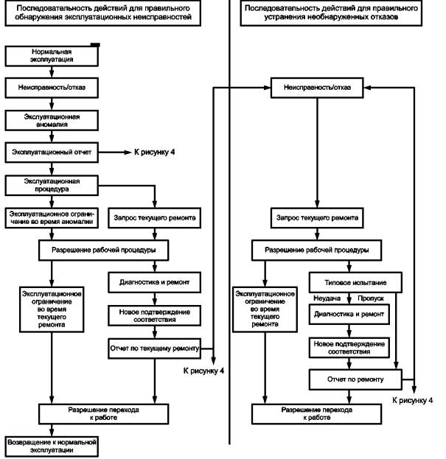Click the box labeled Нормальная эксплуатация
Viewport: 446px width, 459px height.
click(x=52, y=55)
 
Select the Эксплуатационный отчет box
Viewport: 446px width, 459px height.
click(x=52, y=153)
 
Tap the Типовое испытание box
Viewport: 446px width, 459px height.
click(x=355, y=282)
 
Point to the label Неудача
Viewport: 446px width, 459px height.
click(x=327, y=298)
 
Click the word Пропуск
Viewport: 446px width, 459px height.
click(x=371, y=298)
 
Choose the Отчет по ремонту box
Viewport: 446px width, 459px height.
click(x=355, y=379)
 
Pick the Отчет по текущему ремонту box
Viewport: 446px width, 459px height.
click(x=154, y=348)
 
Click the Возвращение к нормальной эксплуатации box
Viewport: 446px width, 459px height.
click(x=52, y=446)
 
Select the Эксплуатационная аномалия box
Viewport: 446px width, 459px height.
click(x=52, y=120)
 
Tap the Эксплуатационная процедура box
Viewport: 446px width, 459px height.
click(x=52, y=185)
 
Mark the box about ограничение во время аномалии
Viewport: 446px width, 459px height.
click(x=52, y=218)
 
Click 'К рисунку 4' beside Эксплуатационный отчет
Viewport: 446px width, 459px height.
click(x=154, y=153)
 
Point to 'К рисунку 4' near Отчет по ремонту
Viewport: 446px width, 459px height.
click(x=412, y=400)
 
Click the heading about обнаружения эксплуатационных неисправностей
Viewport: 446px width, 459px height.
click(x=102, y=13)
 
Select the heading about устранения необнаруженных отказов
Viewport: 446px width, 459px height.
click(x=331, y=13)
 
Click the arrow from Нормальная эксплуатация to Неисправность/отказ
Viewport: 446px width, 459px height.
click(x=52, y=72)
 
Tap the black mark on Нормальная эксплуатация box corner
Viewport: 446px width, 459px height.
click(x=95, y=45)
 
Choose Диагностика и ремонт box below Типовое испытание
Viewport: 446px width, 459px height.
click(x=349, y=314)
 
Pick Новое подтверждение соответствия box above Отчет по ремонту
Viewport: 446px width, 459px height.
click(x=349, y=348)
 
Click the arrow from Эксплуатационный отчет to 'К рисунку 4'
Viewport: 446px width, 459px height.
click(x=115, y=153)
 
